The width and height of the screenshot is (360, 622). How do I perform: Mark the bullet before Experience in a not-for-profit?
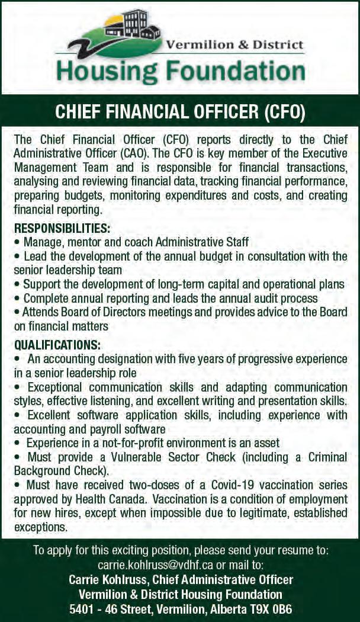(18, 443)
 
